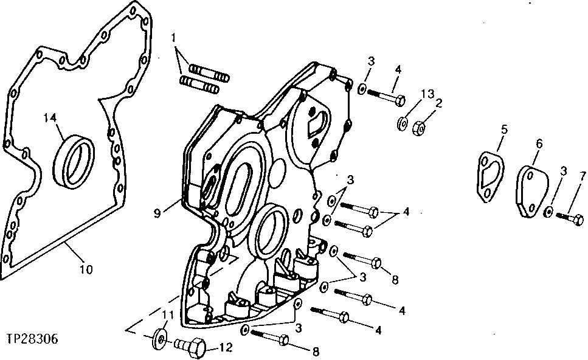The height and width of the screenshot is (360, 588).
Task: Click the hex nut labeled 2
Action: point(419,127)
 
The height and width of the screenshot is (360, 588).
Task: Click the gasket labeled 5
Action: point(490,177)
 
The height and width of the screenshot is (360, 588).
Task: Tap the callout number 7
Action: point(583,176)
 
